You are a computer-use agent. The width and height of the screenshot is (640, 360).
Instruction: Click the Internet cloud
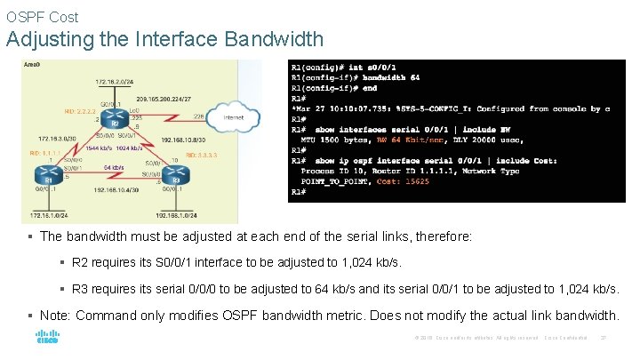tap(233, 116)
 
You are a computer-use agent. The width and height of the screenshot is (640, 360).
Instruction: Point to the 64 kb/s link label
tap(113, 166)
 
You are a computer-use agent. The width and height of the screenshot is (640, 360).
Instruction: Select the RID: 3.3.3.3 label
tap(201, 155)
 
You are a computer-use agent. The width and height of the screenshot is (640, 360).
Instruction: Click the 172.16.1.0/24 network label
tap(48, 216)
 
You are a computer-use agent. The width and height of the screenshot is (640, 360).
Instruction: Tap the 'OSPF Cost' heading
tap(42, 16)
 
